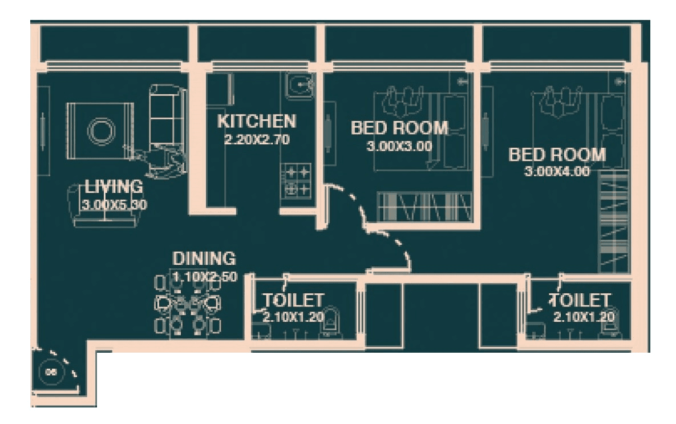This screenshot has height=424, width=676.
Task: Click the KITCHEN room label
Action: pyautogui.click(x=257, y=121)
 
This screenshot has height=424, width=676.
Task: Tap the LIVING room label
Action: pyautogui.click(x=114, y=187)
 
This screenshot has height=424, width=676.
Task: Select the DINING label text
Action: pyautogui.click(x=204, y=259)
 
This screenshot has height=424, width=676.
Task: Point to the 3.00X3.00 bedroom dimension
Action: pyautogui.click(x=399, y=146)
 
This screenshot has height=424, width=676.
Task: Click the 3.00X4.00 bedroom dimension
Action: pyautogui.click(x=557, y=172)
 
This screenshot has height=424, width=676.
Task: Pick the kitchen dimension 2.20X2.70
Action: pyautogui.click(x=257, y=140)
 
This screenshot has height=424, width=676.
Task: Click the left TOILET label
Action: pyautogui.click(x=293, y=300)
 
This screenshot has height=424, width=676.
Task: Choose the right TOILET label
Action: pyautogui.click(x=579, y=300)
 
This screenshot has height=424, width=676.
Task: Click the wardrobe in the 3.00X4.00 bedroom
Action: pyautogui.click(x=614, y=223)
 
